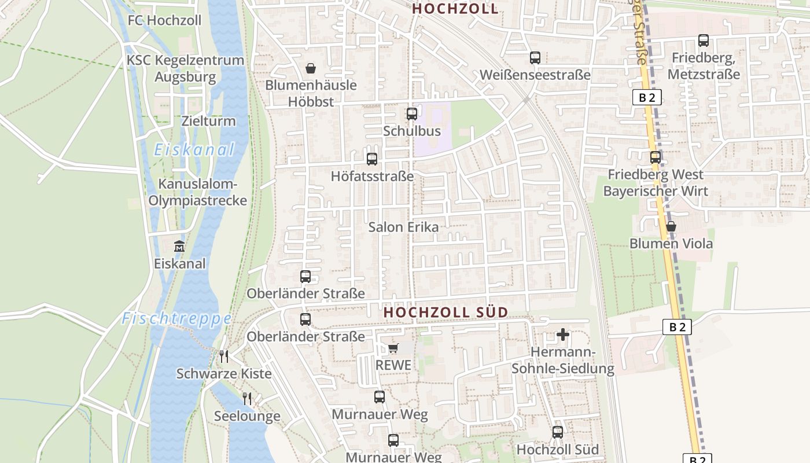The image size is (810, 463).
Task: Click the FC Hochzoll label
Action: click(164, 21)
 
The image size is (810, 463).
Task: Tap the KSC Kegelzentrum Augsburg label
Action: click(185, 68)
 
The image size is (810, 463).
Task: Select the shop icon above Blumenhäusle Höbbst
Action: click(311, 69)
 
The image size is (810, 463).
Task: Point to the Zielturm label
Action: click(208, 121)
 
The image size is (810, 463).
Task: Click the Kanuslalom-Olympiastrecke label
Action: click(198, 193)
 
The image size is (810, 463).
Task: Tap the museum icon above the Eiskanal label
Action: click(179, 247)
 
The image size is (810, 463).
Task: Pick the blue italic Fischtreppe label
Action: click(176, 319)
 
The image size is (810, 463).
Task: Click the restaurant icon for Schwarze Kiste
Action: click(224, 356)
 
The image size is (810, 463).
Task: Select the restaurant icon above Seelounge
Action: click(247, 398)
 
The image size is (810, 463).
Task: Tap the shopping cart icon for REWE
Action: click(393, 348)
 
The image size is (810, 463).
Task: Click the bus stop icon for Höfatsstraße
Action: click(372, 159)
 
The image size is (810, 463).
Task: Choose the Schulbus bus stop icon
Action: click(412, 114)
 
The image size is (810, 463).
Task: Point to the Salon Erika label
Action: click(403, 227)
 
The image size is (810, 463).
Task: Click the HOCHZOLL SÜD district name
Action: click(446, 313)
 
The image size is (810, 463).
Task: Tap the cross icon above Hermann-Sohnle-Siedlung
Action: click(562, 335)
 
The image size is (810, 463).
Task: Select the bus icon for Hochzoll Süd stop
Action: click(557, 432)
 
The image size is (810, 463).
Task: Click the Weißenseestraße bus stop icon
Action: click(535, 58)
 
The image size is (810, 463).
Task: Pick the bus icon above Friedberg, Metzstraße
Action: click(704, 41)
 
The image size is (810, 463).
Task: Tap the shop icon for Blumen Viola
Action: click(671, 226)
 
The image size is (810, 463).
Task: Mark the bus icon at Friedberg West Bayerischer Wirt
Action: click(655, 157)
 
